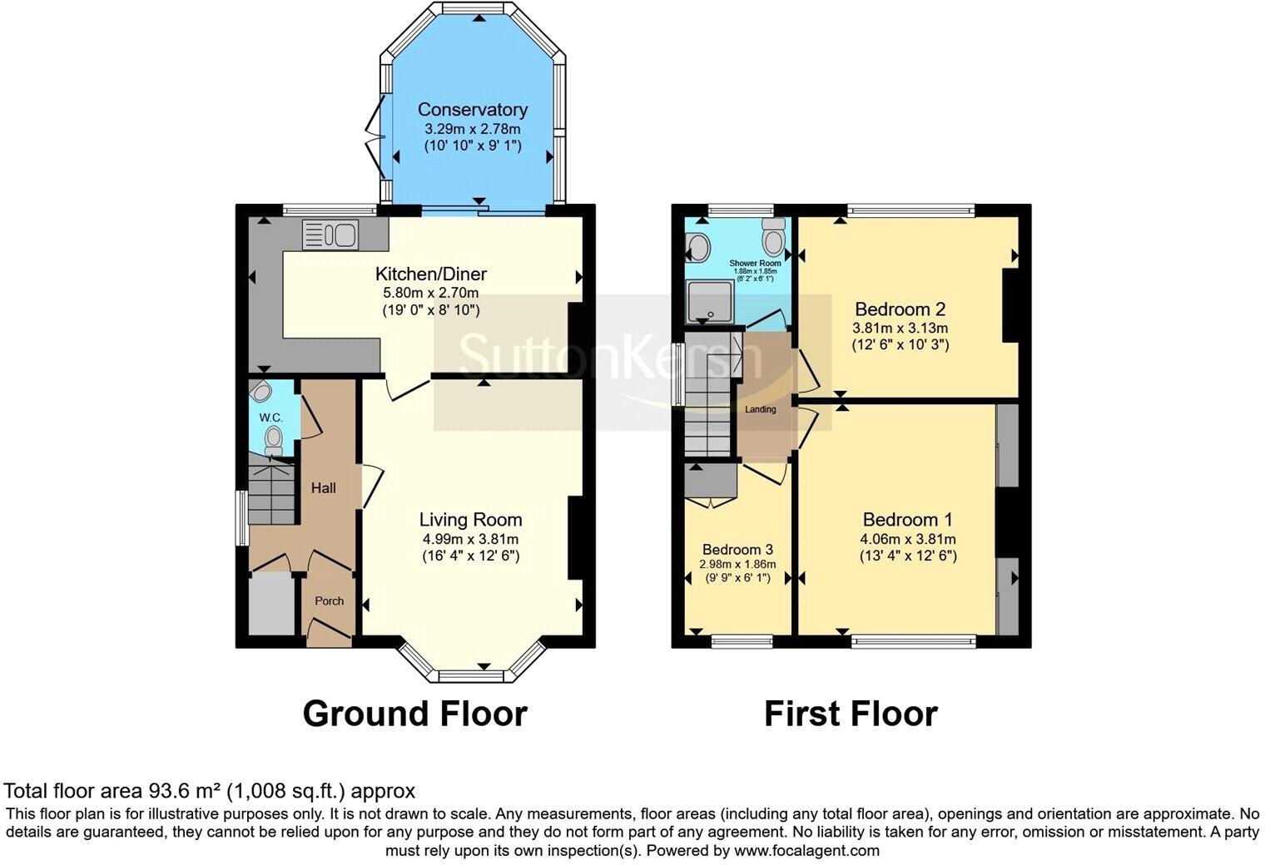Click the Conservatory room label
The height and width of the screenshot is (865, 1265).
pos(472,110)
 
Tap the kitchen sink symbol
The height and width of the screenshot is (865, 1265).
pos(330,234)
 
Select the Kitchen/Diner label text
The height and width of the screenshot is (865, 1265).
pos(430,274)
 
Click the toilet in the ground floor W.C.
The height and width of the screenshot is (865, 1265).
pos(273,438)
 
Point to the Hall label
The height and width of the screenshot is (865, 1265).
pos(323,488)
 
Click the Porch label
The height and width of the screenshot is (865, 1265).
pos(329,601)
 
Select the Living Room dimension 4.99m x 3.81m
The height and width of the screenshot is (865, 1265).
pos(470,539)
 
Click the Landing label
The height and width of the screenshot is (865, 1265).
pos(760,409)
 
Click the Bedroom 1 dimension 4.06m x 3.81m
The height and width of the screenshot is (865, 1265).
pos(908,539)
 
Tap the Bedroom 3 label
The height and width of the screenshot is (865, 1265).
pos(737,550)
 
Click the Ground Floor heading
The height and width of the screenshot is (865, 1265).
pos(414,714)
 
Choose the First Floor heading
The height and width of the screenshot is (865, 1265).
pos(851,714)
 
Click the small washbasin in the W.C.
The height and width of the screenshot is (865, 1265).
pos(260,391)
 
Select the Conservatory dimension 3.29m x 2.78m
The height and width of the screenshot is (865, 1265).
pos(472,129)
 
